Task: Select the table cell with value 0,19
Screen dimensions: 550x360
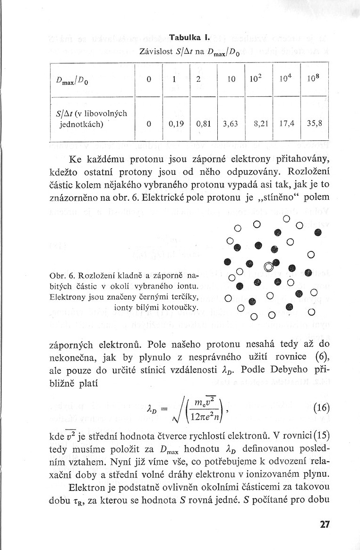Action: point(176,125)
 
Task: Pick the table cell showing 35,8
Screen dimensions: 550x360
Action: point(314,125)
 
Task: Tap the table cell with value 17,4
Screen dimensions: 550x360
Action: point(287,125)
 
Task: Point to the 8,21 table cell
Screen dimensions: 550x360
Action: point(259,125)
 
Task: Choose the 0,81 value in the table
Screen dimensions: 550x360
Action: point(203,125)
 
